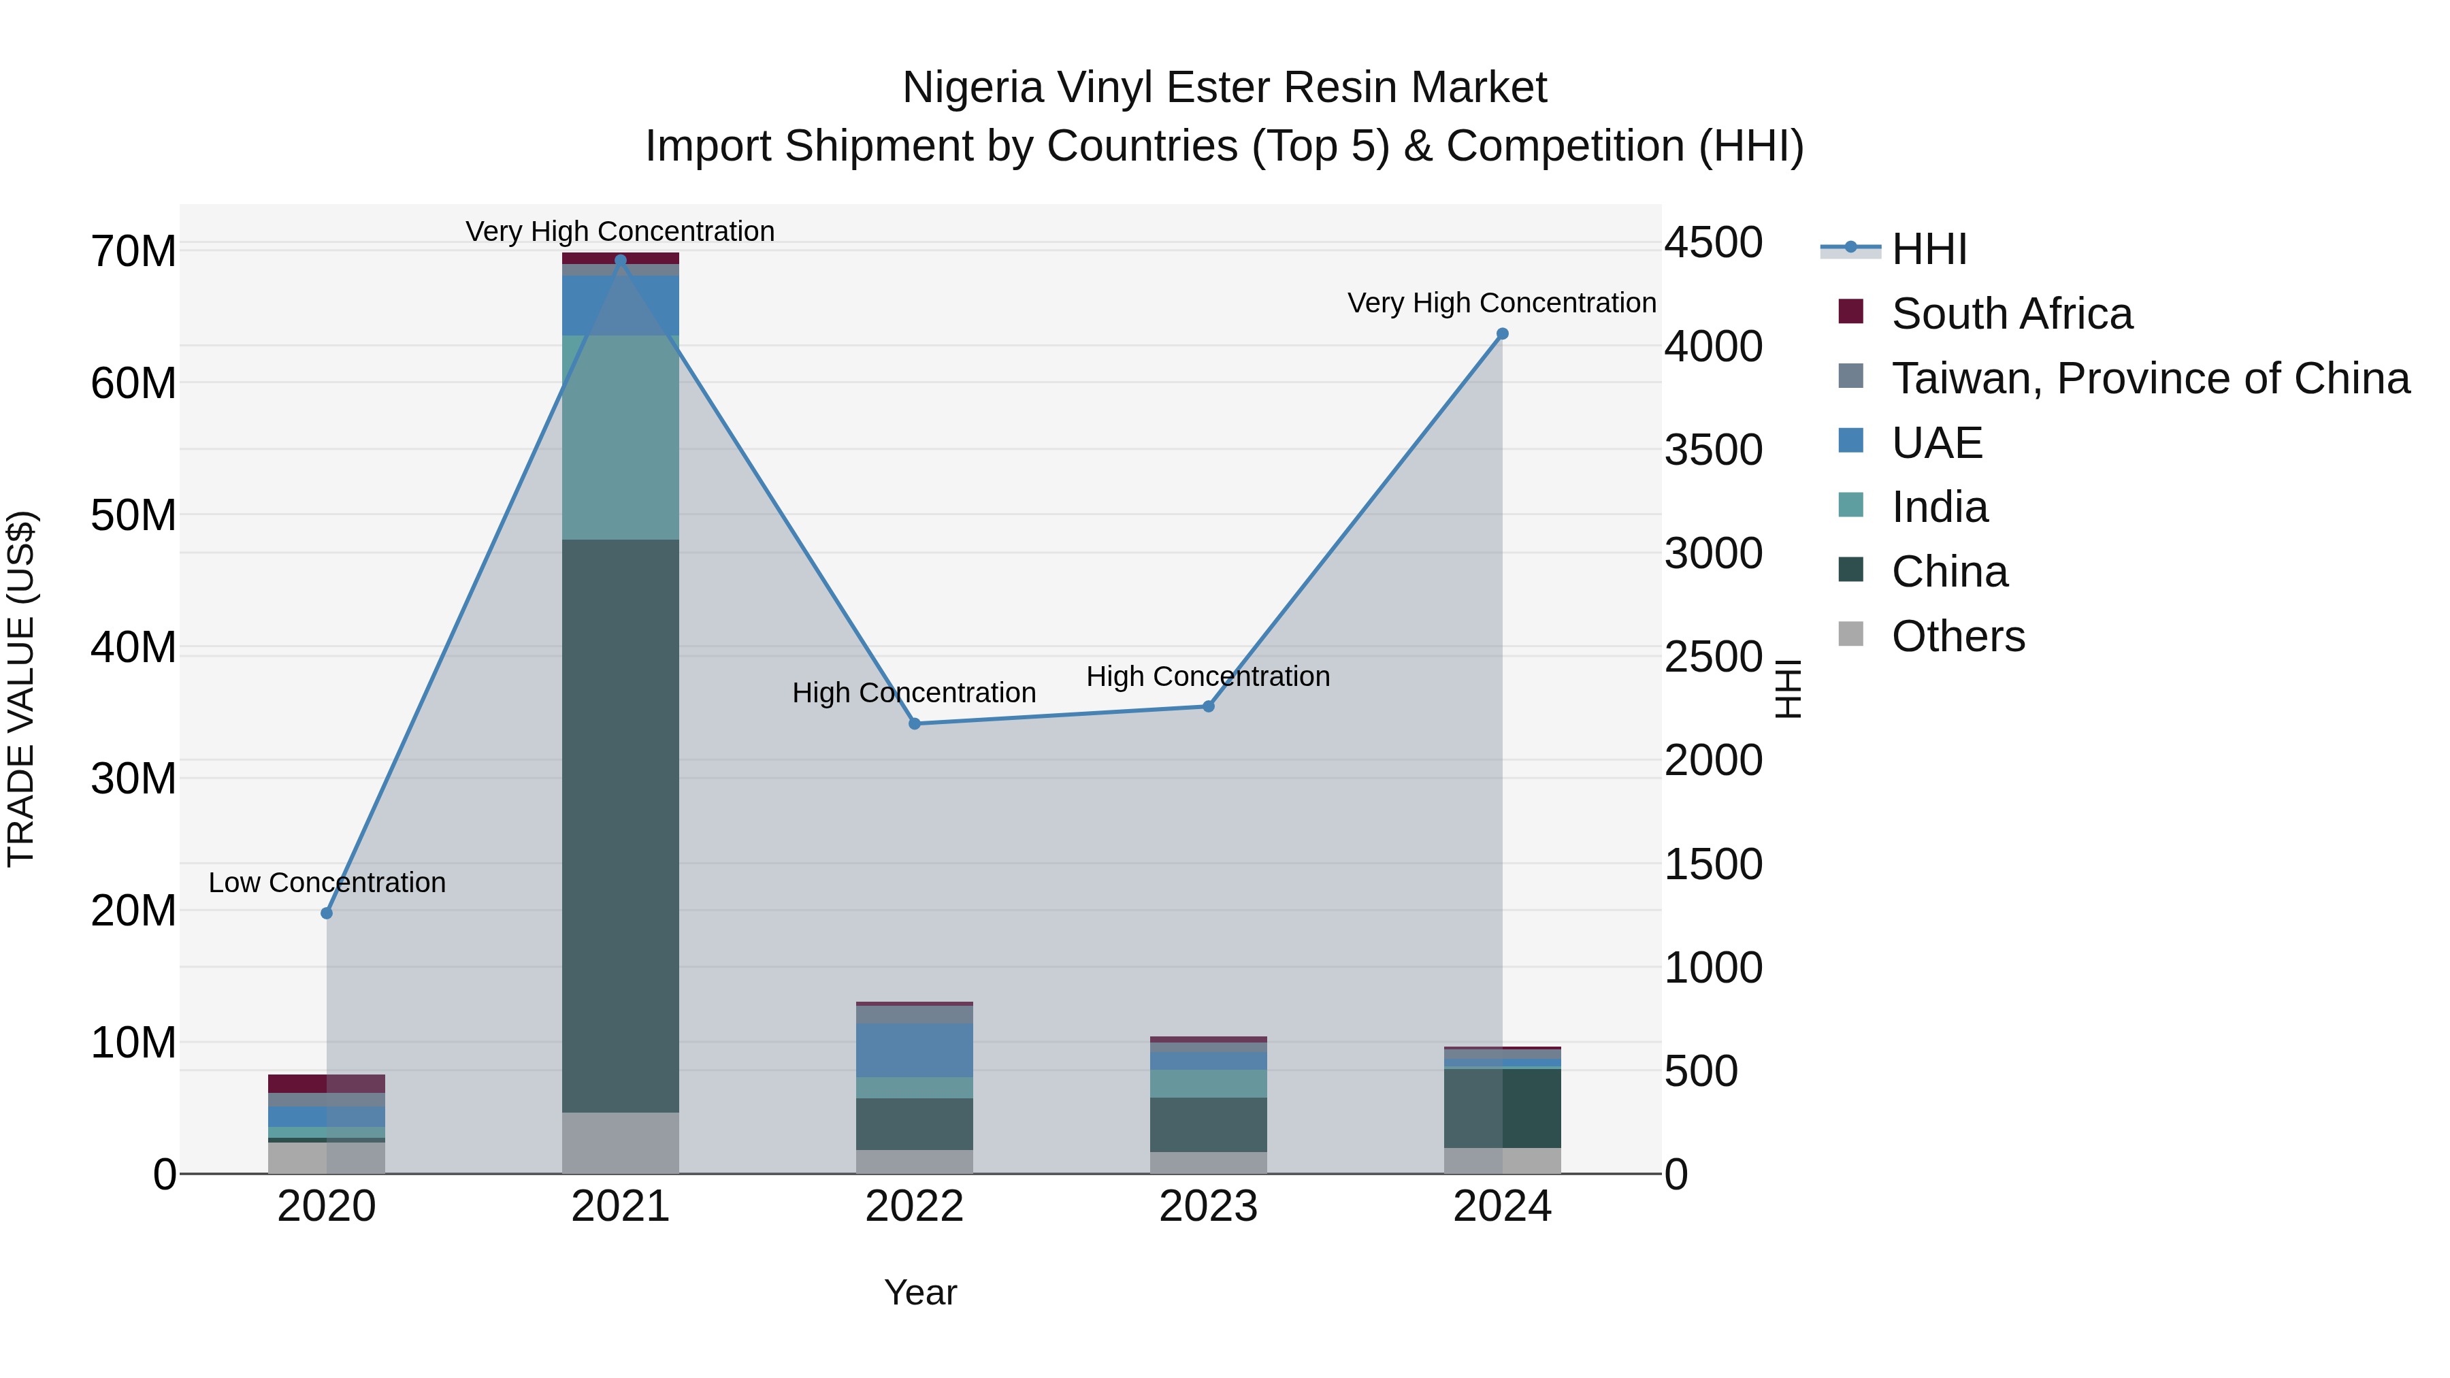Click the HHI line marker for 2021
point(620,261)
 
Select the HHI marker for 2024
point(1502,334)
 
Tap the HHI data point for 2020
point(326,913)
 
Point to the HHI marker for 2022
point(914,724)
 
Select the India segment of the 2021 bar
point(620,438)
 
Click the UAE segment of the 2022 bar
point(914,1050)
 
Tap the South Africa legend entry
point(2012,314)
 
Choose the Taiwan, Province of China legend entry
point(2149,378)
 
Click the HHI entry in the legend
point(1928,249)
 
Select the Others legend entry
point(1957,636)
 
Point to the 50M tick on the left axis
point(133,515)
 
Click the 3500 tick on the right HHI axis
point(1713,450)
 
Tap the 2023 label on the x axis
point(1208,1207)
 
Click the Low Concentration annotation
point(326,883)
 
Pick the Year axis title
point(919,1292)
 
